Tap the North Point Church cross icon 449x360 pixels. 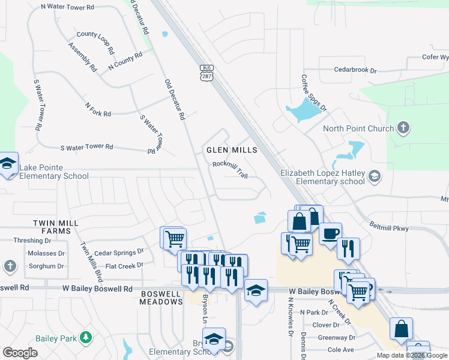[x=403, y=128]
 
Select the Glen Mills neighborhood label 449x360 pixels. [x=232, y=150]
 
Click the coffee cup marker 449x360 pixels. [x=330, y=233]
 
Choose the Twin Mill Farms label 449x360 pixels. [x=56, y=227]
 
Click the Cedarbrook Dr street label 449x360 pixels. [x=355, y=70]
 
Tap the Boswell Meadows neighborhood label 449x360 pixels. [x=161, y=298]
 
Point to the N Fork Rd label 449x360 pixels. [x=98, y=109]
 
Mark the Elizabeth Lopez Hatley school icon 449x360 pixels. [x=375, y=175]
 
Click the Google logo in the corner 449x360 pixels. [x=20, y=353]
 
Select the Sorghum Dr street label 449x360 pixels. [x=46, y=266]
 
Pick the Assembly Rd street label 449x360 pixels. [x=83, y=58]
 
